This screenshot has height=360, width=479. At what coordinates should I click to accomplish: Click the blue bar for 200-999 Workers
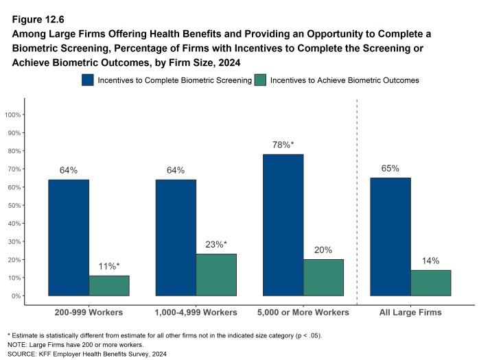(68, 237)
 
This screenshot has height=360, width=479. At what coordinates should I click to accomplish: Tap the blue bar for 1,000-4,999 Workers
(176, 237)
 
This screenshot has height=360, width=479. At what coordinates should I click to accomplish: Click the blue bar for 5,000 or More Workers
(283, 225)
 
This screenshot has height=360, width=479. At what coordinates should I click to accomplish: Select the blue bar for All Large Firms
(390, 237)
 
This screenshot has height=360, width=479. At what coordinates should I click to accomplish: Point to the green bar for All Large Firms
(430, 283)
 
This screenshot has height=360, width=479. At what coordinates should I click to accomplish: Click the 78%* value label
(283, 145)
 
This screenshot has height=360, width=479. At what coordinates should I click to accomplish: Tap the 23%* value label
(216, 244)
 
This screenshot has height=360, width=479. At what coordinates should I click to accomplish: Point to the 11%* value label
(108, 266)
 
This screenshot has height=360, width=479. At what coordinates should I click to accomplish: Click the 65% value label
(390, 168)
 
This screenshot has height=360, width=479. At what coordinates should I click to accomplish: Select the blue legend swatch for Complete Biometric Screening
(88, 80)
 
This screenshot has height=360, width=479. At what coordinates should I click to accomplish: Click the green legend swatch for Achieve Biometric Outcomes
(261, 80)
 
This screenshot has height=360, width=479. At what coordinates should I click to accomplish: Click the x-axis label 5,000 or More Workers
(303, 313)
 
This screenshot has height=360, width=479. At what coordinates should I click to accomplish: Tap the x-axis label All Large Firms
(410, 313)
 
